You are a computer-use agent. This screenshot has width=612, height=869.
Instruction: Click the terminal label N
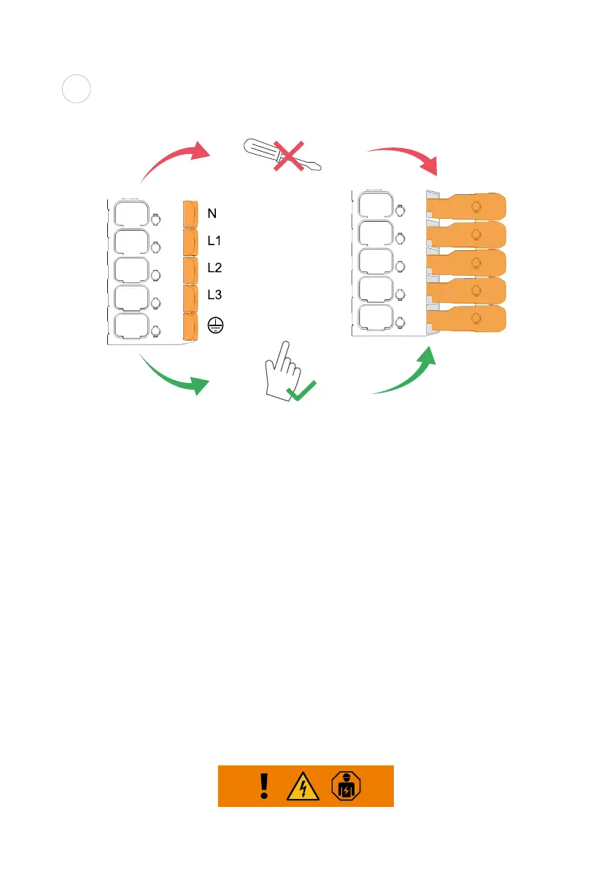(212, 214)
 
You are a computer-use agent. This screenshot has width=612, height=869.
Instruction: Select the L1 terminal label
(214, 240)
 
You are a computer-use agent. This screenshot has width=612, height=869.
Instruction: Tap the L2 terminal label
(214, 268)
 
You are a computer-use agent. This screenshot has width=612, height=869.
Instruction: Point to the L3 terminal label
(214, 295)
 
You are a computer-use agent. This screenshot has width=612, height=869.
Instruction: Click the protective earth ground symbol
(215, 326)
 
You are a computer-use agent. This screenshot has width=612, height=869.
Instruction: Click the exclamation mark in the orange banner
(265, 786)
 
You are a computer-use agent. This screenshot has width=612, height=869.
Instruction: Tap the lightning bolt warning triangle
(306, 787)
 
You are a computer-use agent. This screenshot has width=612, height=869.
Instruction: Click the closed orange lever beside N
(190, 213)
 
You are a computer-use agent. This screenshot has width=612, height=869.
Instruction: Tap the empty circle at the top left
(75, 90)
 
